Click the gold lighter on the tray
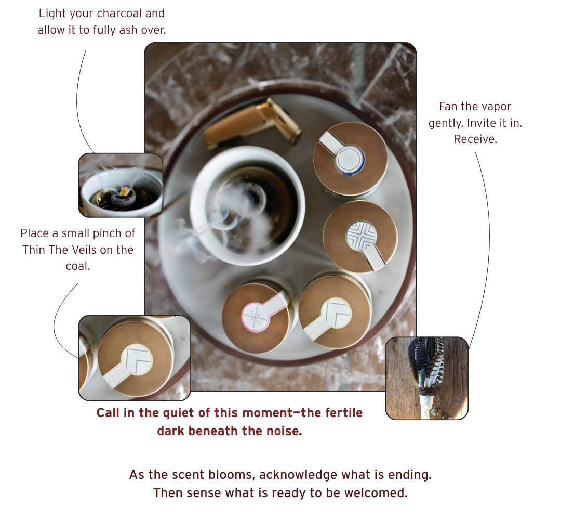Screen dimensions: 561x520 pos(252,124)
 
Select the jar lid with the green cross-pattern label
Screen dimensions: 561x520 pos(360,237)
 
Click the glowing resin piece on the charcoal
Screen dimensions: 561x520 pos(124,191)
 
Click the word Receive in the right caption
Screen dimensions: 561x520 pos(474,139)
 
